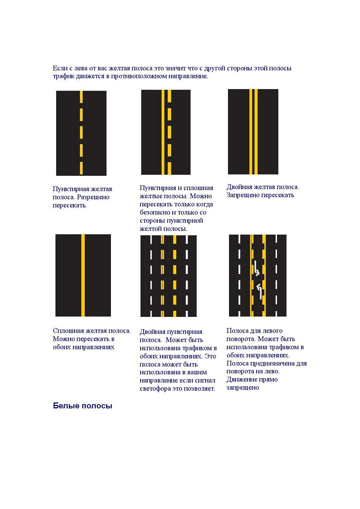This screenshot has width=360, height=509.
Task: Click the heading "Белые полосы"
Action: (82, 406)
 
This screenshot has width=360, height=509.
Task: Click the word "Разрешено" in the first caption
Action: (93, 197)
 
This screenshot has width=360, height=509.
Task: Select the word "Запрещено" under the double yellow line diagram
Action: (241, 195)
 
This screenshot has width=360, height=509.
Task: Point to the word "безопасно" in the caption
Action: (156, 213)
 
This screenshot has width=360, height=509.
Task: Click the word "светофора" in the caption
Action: (155, 389)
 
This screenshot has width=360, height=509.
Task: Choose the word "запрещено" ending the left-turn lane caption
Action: (243, 388)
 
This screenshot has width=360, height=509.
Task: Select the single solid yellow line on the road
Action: (83, 275)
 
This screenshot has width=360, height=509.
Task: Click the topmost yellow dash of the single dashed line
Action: (81, 97)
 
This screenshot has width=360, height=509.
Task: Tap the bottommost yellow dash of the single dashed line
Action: (81, 168)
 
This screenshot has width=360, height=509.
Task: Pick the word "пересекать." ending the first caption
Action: (70, 205)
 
